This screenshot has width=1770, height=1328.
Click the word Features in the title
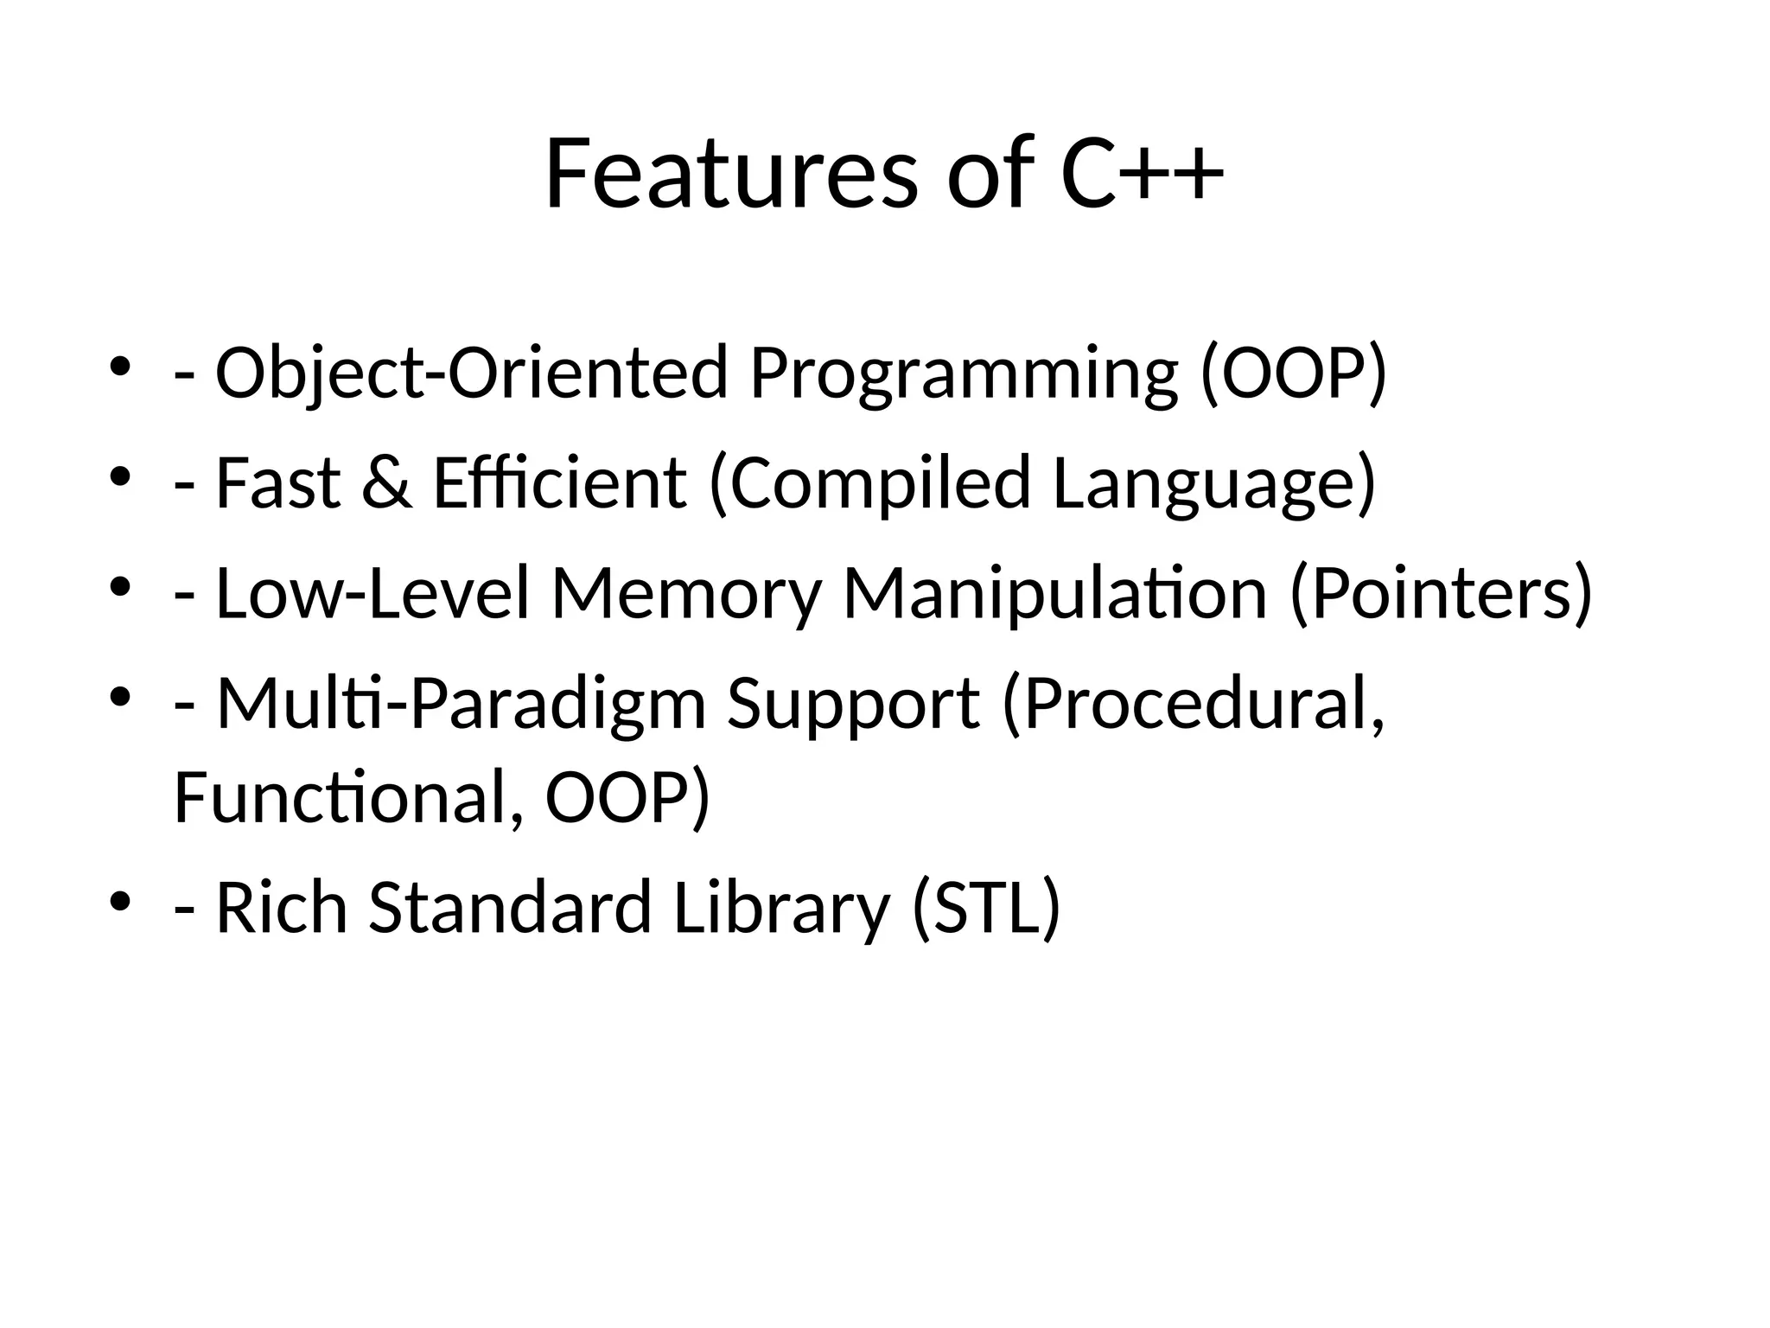730,175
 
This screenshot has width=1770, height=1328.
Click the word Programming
964,373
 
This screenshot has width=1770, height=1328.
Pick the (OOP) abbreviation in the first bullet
1294,373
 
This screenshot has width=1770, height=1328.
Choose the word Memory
685,594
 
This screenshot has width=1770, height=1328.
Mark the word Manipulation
1054,594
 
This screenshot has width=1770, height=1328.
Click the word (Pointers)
1441,594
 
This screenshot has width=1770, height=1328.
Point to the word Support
854,705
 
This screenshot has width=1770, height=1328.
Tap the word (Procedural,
1194,705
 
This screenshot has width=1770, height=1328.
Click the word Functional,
347,797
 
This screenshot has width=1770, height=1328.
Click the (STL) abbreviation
986,908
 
